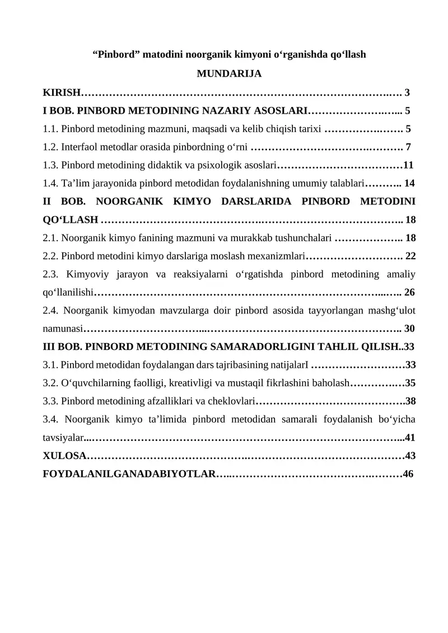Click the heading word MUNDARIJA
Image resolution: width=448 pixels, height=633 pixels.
[229, 73]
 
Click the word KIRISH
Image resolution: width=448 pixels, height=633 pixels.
[62, 92]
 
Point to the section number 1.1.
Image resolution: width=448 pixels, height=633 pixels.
[51, 129]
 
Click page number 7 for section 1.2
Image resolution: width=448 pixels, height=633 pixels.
[408, 147]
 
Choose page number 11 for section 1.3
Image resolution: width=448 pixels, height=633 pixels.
[408, 165]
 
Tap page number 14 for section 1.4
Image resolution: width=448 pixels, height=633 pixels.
[409, 183]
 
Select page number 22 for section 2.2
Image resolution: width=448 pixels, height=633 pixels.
[410, 256]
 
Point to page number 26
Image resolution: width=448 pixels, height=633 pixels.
[409, 292]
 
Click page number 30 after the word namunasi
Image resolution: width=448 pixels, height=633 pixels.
[409, 328]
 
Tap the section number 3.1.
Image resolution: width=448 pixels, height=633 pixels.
[51, 365]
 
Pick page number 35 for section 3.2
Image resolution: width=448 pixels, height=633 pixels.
[410, 383]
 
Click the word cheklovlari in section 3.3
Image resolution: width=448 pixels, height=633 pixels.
[232, 401]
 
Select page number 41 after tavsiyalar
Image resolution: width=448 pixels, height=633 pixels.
[409, 438]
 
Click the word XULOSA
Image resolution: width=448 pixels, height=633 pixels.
[64, 456]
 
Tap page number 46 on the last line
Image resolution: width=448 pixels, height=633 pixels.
[408, 474]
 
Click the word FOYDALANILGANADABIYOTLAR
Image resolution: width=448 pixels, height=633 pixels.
[129, 474]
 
